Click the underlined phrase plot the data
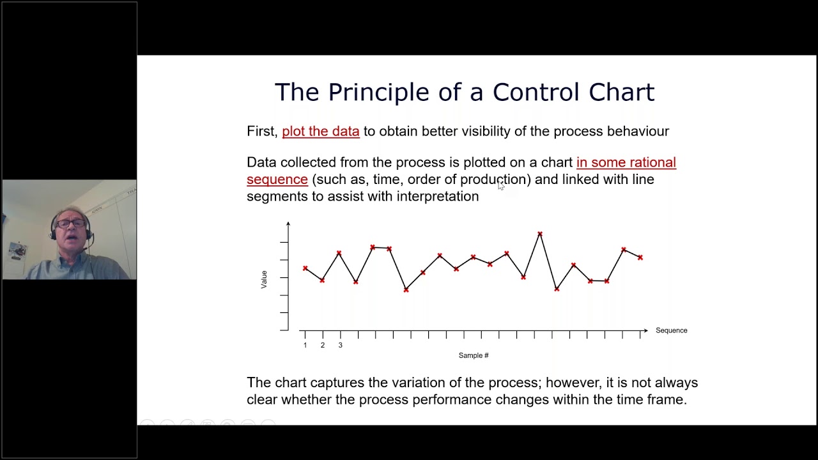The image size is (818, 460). point(321,131)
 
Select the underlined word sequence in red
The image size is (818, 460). point(277,180)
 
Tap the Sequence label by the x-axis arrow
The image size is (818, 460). point(671,330)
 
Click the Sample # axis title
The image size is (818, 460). point(474,355)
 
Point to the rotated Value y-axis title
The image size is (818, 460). point(264,279)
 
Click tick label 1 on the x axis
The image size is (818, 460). point(305,345)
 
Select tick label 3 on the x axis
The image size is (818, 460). point(340,345)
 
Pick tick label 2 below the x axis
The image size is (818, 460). point(322,345)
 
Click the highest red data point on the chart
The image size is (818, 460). point(540,234)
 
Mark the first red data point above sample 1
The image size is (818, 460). point(305,268)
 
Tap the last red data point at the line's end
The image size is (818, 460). point(640,257)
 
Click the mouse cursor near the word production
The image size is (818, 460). point(501,185)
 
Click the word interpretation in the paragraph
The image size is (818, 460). point(438,197)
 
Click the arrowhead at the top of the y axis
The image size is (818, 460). point(288,224)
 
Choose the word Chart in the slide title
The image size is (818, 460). point(621,93)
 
